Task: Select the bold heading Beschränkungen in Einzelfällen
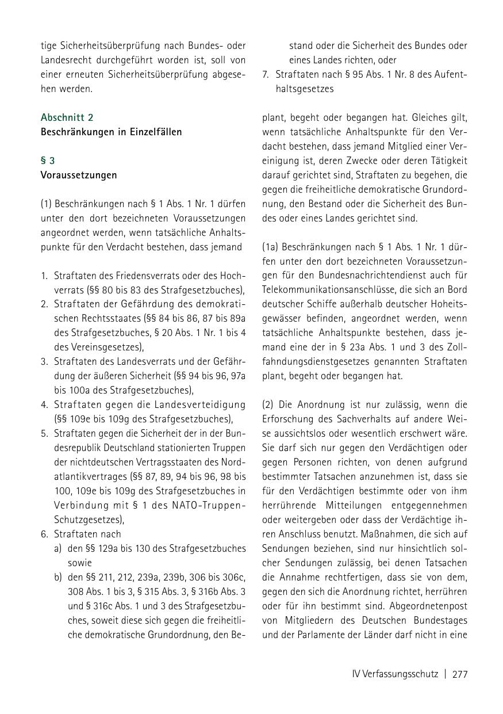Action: [111, 132]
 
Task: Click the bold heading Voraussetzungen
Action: [78, 175]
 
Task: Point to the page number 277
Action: [460, 674]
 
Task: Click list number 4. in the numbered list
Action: [44, 404]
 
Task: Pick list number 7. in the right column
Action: [266, 75]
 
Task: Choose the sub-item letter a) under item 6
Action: [58, 548]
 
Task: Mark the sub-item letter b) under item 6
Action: [58, 577]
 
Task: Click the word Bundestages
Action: [440, 620]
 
